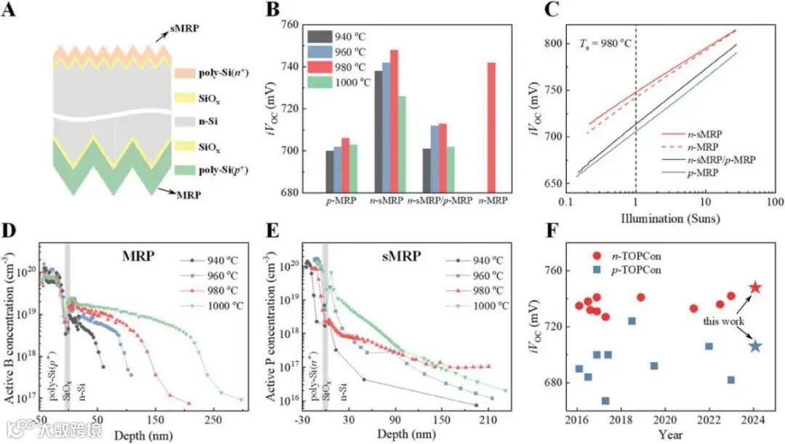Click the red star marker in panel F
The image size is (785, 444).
click(755, 288)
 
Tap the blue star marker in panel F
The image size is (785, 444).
click(755, 346)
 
